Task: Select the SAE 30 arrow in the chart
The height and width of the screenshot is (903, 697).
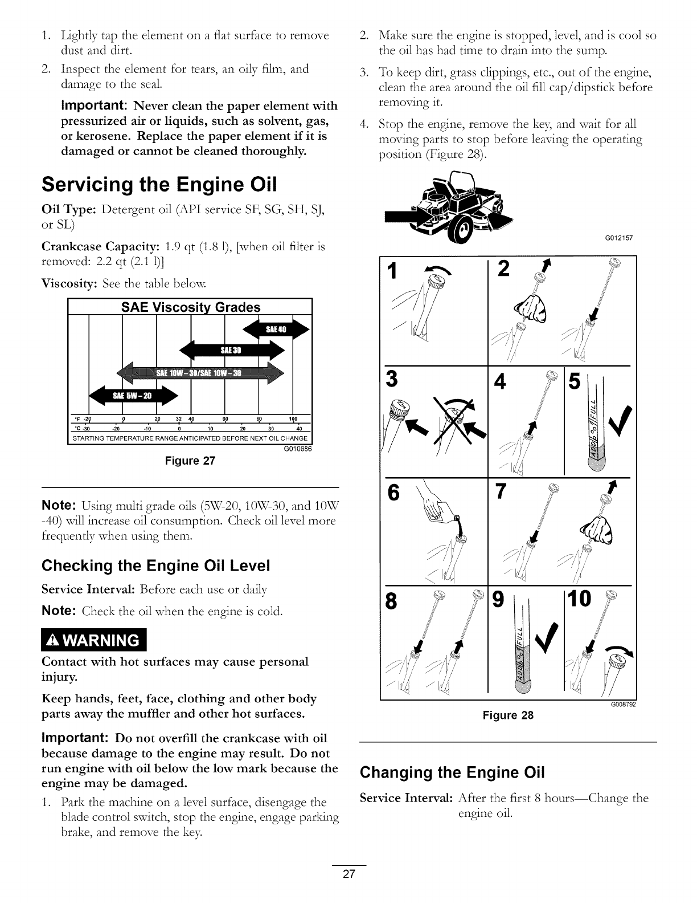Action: (x=231, y=350)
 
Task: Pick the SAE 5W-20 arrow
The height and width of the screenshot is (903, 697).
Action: (x=134, y=396)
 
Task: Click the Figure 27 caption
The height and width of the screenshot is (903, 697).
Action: (x=190, y=461)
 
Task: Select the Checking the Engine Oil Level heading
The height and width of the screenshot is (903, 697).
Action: (x=155, y=566)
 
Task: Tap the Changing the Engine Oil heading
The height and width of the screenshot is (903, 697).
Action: (x=453, y=772)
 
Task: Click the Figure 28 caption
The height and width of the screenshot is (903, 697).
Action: (x=508, y=715)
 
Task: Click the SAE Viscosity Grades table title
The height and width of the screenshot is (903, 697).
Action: (x=191, y=307)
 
